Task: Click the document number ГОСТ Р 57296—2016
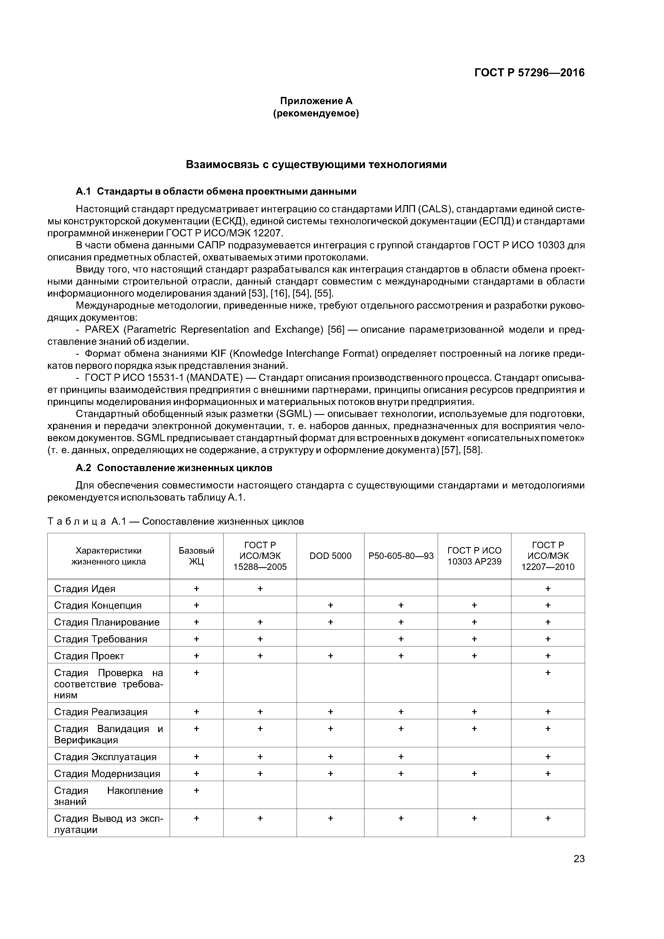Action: pos(529,73)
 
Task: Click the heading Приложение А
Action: pos(316,101)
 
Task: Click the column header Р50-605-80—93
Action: pos(401,556)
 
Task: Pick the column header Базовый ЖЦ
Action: pos(196,556)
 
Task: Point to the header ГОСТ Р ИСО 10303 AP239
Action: pos(474,556)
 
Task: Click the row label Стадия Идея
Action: pos(85,589)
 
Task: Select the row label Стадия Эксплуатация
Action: pos(105,757)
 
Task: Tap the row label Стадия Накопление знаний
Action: pos(108,796)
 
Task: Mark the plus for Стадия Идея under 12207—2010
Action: pos(548,589)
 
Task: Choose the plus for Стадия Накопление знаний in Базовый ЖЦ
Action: pos(196,790)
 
